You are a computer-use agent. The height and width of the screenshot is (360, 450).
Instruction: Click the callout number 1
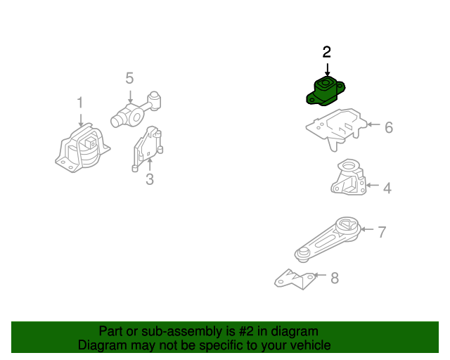click(x=80, y=103)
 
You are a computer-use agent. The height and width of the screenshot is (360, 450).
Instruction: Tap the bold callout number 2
click(x=326, y=52)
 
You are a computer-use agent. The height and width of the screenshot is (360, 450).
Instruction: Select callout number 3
click(x=150, y=179)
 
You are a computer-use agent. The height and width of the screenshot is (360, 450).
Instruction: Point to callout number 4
click(x=387, y=188)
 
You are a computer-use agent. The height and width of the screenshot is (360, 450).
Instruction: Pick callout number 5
click(x=129, y=78)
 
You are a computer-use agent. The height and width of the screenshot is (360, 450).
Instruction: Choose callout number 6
click(x=389, y=127)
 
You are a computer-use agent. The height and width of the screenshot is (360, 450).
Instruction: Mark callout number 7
click(x=382, y=232)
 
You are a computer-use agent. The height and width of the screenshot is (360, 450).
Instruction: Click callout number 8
click(x=335, y=278)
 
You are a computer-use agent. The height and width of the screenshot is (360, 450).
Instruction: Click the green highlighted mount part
click(x=326, y=91)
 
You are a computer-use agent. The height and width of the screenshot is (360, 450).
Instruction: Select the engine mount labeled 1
click(x=82, y=148)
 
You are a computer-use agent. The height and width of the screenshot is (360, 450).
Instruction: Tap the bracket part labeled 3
click(x=148, y=148)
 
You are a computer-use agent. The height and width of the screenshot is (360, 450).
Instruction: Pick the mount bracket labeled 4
click(x=349, y=177)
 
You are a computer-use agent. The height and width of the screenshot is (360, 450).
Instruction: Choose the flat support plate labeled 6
click(x=336, y=129)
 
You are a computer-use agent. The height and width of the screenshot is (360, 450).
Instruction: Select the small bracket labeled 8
click(x=295, y=280)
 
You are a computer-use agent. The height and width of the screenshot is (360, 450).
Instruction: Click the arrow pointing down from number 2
click(x=327, y=70)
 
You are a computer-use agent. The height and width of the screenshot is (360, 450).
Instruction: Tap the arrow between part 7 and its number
click(x=367, y=229)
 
